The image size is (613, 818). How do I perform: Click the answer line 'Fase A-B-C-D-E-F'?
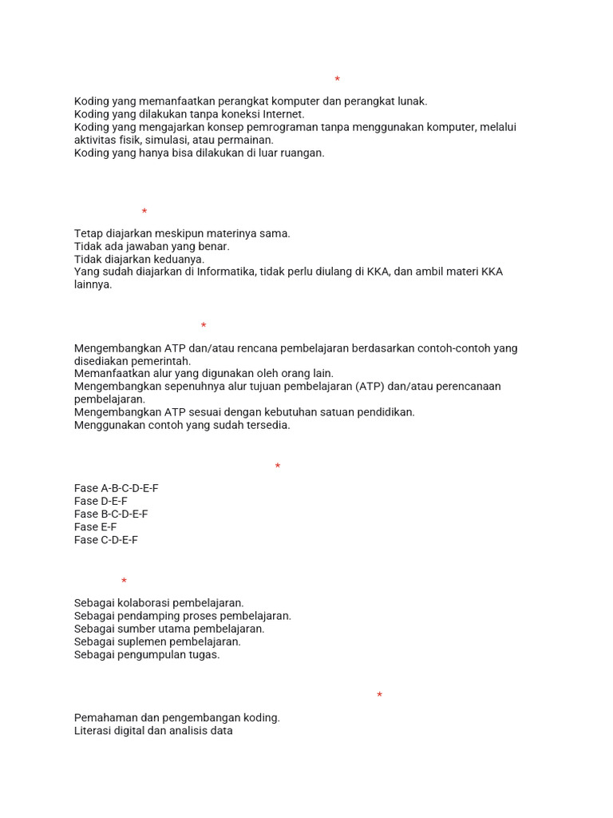click(117, 488)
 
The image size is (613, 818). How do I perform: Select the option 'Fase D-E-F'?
click(101, 501)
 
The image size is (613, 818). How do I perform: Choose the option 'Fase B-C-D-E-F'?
click(111, 514)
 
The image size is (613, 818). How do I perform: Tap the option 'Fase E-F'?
click(96, 527)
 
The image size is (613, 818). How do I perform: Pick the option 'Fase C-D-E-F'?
click(106, 540)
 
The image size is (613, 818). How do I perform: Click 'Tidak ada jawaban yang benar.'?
click(152, 246)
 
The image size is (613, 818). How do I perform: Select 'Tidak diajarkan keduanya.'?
click(139, 259)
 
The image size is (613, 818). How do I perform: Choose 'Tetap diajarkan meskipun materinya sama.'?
click(182, 233)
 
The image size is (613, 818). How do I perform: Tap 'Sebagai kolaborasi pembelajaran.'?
click(159, 603)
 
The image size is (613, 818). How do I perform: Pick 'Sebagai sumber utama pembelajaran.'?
click(169, 629)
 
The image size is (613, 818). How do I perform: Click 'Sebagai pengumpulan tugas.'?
click(147, 654)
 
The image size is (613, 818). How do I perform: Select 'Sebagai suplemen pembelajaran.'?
click(157, 641)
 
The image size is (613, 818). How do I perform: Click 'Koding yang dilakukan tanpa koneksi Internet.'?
click(189, 114)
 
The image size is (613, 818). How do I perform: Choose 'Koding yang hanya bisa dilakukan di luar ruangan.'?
click(200, 153)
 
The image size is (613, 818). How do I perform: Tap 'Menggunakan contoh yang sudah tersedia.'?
click(182, 425)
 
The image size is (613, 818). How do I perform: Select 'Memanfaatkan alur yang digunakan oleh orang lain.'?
click(204, 373)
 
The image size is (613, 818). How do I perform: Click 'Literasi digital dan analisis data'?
click(153, 730)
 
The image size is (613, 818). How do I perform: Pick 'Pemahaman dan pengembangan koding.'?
click(177, 717)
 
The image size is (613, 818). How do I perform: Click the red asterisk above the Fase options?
click(278, 467)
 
